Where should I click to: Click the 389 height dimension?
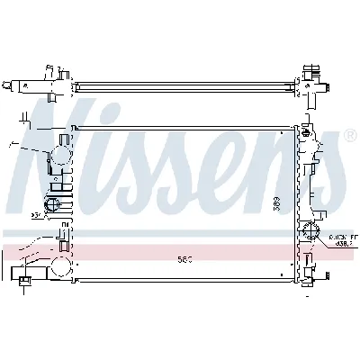tap(276, 204)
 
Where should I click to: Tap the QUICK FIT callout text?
tap(336, 232)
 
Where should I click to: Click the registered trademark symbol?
tap(347, 137)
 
